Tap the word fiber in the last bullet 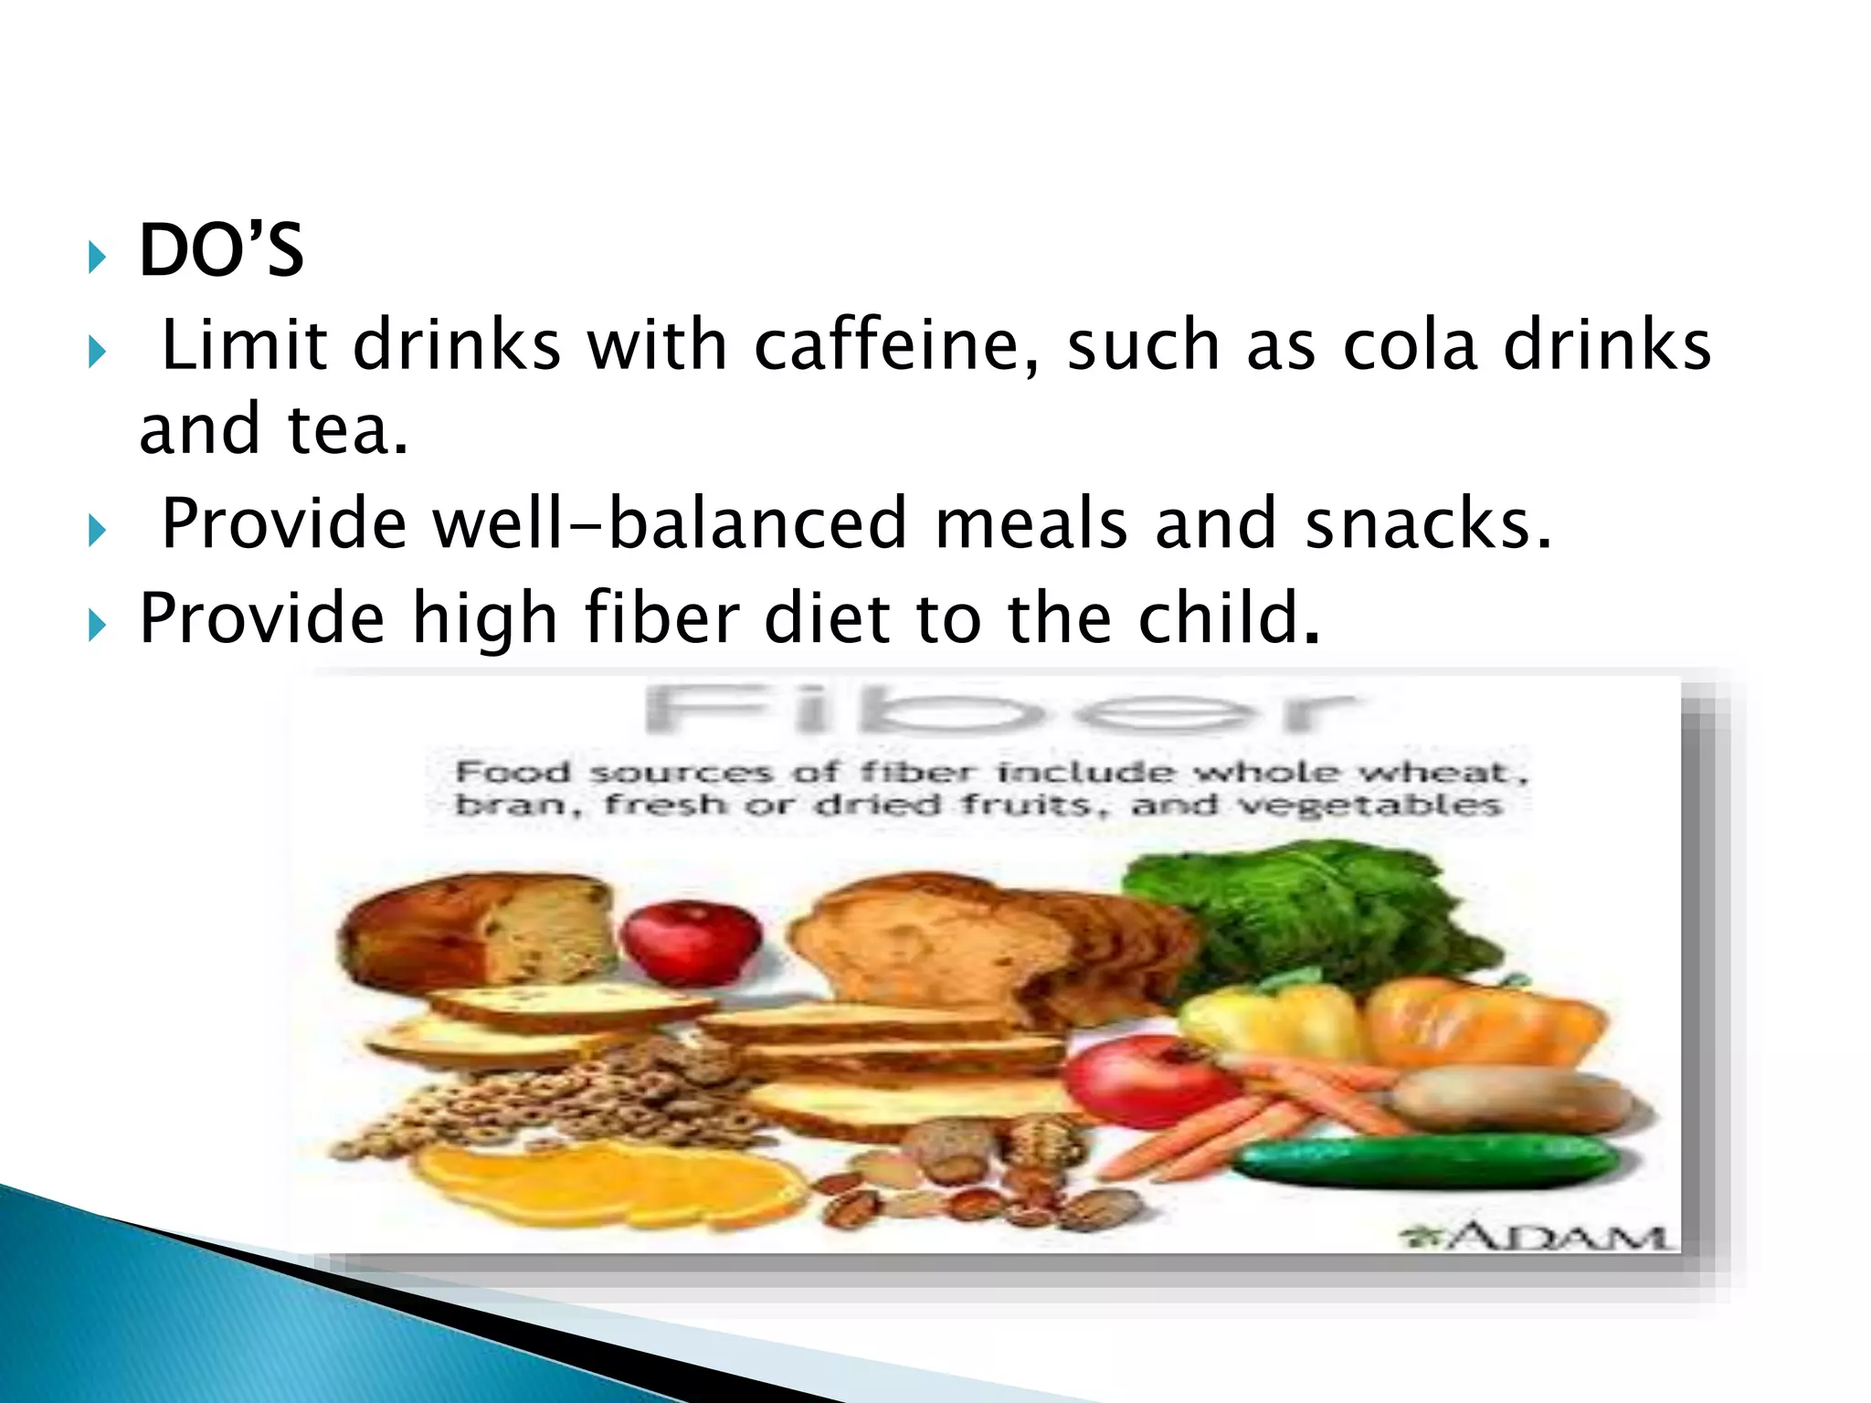[x=661, y=618]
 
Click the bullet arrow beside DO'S [x=97, y=258]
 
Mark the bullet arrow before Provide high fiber [x=97, y=626]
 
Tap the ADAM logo [x=1535, y=1237]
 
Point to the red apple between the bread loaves [x=691, y=941]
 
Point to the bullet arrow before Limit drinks [x=97, y=352]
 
